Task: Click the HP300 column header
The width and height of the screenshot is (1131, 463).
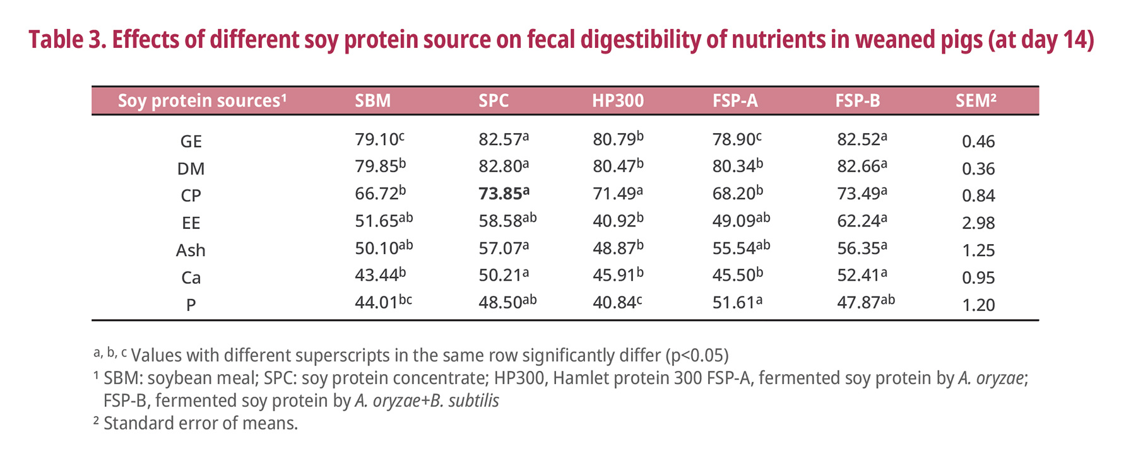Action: (x=617, y=101)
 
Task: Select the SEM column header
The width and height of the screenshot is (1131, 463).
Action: (x=975, y=101)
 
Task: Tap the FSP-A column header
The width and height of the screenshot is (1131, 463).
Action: (x=735, y=101)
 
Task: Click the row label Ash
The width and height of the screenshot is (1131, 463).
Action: (x=191, y=250)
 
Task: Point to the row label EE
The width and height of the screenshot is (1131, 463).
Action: (x=191, y=223)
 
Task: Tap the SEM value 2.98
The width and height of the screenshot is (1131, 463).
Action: (x=978, y=223)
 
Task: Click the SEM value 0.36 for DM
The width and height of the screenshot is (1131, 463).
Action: (x=978, y=169)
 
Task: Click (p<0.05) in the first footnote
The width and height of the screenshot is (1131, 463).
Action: (x=697, y=356)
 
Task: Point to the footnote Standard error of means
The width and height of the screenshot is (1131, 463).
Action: (x=200, y=423)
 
